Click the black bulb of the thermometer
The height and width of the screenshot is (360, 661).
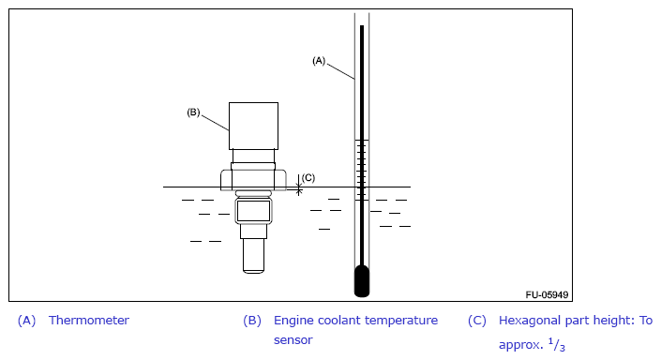[362, 280]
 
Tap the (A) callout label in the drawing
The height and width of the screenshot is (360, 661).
[319, 61]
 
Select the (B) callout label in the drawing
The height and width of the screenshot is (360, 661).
[193, 112]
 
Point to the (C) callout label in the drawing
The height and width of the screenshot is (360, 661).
[308, 178]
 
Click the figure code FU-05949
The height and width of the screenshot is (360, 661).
[547, 294]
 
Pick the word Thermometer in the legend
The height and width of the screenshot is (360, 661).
[89, 321]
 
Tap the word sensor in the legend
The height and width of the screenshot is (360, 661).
[293, 340]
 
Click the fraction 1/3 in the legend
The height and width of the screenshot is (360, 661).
[556, 345]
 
